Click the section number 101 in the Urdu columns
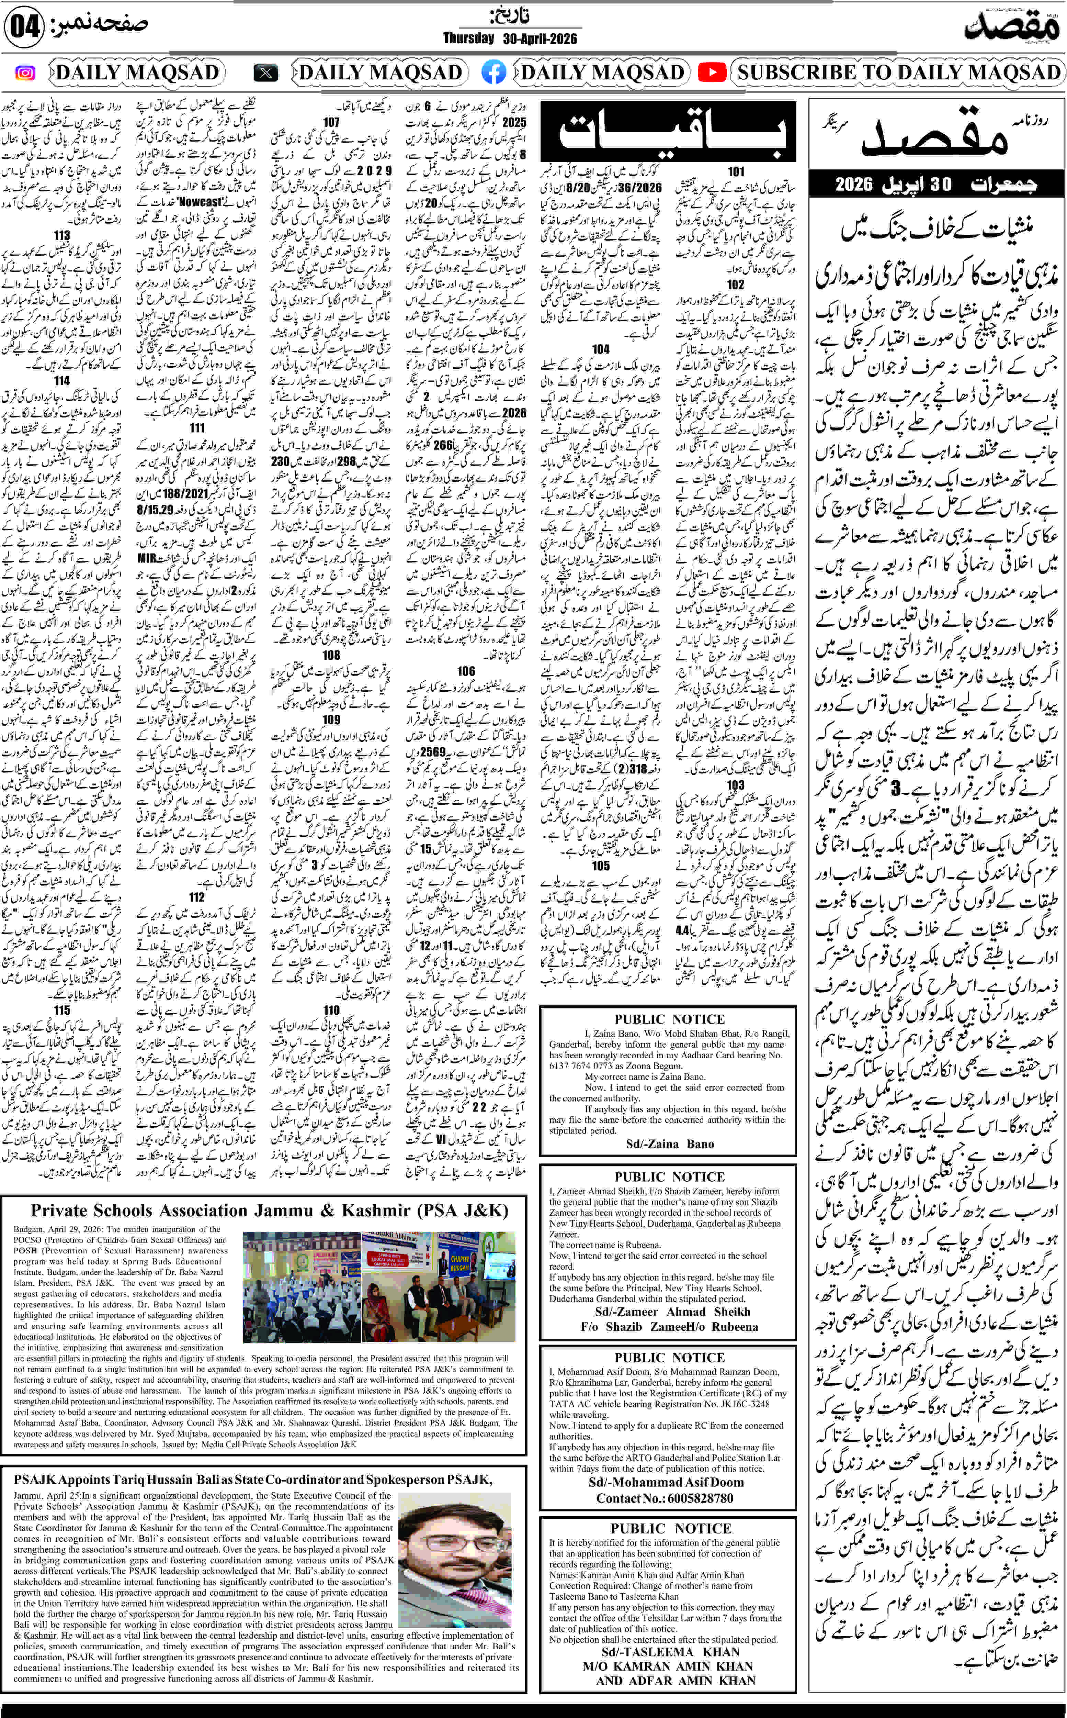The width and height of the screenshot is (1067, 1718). (x=736, y=171)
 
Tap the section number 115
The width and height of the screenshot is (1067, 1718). (x=62, y=1010)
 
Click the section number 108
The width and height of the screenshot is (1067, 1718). (x=331, y=655)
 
